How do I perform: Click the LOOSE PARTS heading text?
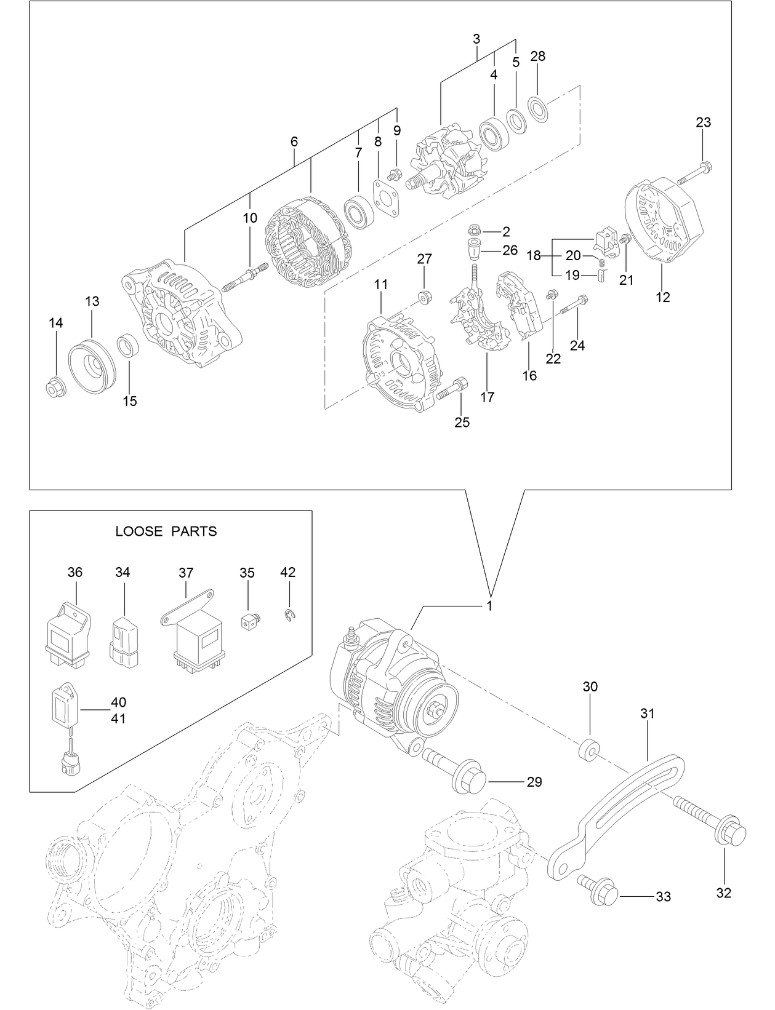point(166,531)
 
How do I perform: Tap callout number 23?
point(703,122)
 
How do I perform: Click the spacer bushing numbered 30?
point(589,749)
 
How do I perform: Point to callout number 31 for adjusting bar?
point(647,714)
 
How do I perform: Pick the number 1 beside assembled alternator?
point(489,606)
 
